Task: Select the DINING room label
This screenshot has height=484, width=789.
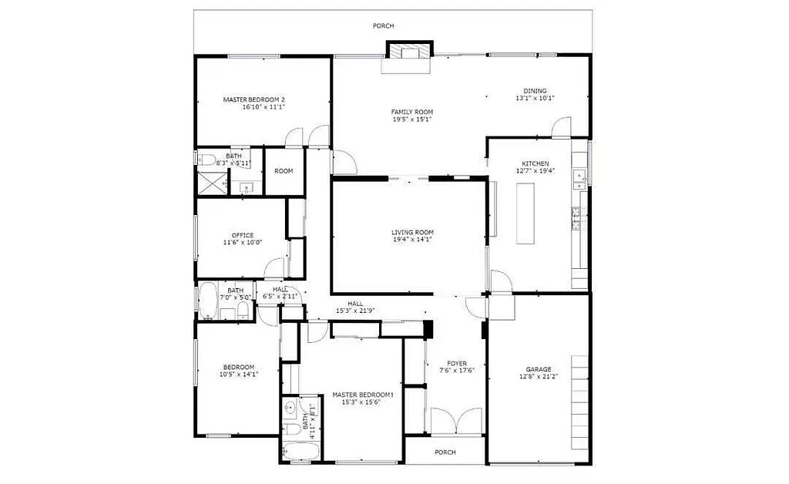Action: (x=535, y=91)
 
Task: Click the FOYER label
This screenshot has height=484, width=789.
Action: (x=457, y=363)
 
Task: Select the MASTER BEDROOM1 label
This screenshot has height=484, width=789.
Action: (x=363, y=395)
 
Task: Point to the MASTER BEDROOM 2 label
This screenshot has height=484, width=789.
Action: (x=254, y=99)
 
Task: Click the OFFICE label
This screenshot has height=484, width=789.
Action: (x=243, y=235)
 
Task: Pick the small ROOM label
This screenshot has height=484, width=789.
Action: (x=284, y=170)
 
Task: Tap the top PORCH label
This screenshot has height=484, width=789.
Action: (x=383, y=26)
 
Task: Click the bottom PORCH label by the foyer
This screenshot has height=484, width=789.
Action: (x=445, y=452)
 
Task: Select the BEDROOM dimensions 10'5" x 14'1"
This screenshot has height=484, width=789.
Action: (x=238, y=375)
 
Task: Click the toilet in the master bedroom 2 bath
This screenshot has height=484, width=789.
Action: (x=205, y=160)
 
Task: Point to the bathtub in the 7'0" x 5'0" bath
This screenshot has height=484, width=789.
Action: (x=208, y=302)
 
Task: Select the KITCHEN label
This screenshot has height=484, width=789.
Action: (x=536, y=163)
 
